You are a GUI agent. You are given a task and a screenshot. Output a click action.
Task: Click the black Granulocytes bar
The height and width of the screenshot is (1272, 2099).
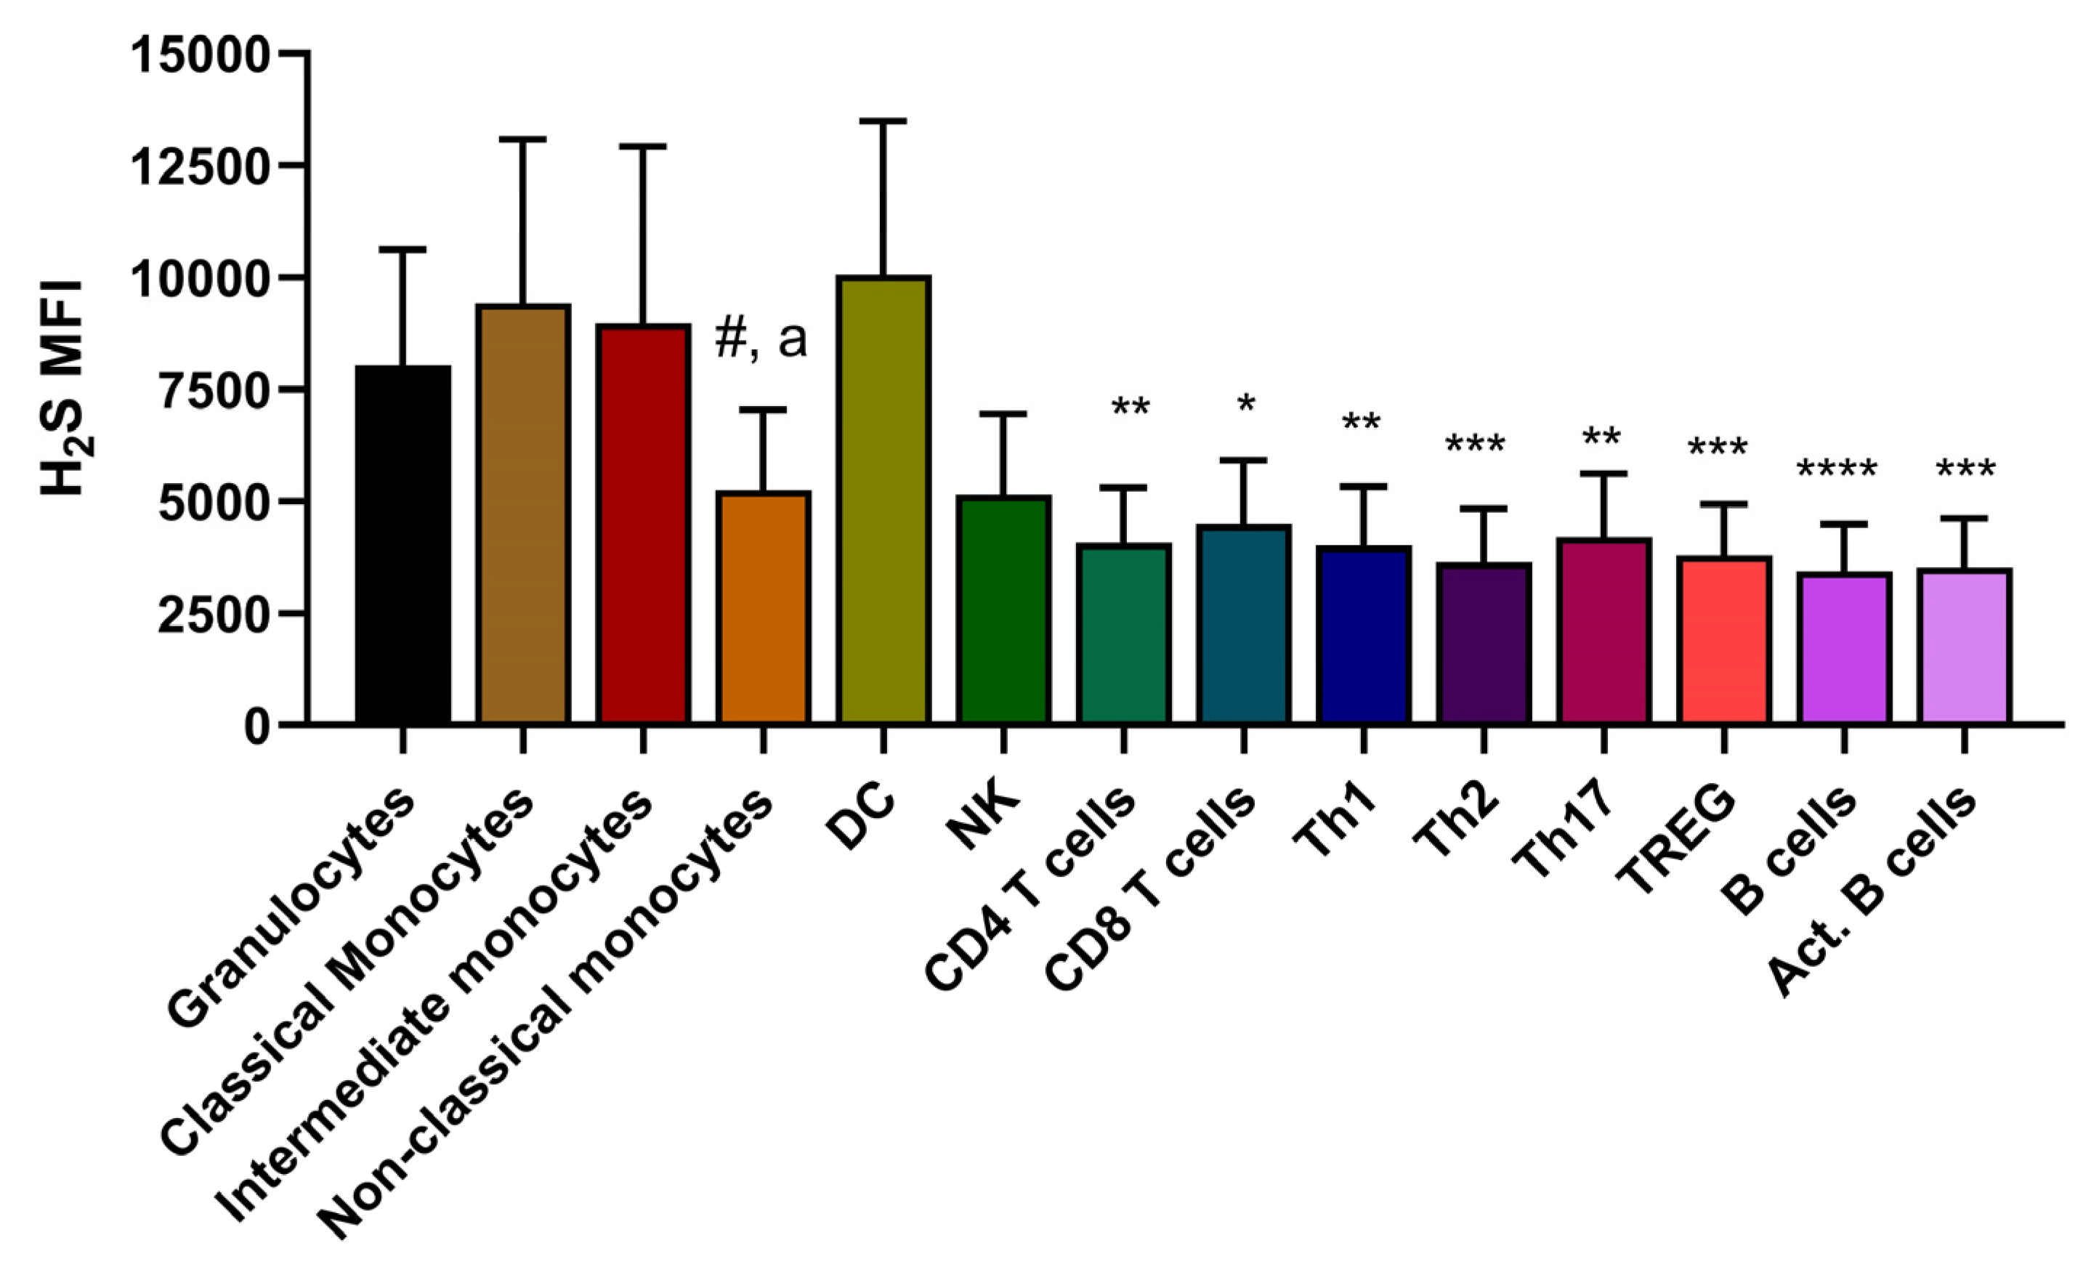point(403,546)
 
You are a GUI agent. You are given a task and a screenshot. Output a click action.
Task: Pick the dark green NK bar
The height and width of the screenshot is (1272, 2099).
point(1003,610)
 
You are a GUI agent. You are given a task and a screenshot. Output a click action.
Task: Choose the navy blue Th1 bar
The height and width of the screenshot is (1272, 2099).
point(1364,636)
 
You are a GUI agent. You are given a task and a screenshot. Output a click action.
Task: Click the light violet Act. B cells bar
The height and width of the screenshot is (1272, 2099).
point(1965,647)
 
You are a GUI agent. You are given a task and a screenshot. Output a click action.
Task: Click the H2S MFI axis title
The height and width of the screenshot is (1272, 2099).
point(64,388)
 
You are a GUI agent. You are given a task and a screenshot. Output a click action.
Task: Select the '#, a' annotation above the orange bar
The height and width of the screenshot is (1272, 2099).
point(761,339)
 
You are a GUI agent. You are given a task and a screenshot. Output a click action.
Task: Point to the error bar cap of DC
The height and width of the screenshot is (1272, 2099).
point(883,122)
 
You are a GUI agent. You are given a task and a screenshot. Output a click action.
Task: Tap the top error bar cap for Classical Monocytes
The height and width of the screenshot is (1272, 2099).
point(523,139)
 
